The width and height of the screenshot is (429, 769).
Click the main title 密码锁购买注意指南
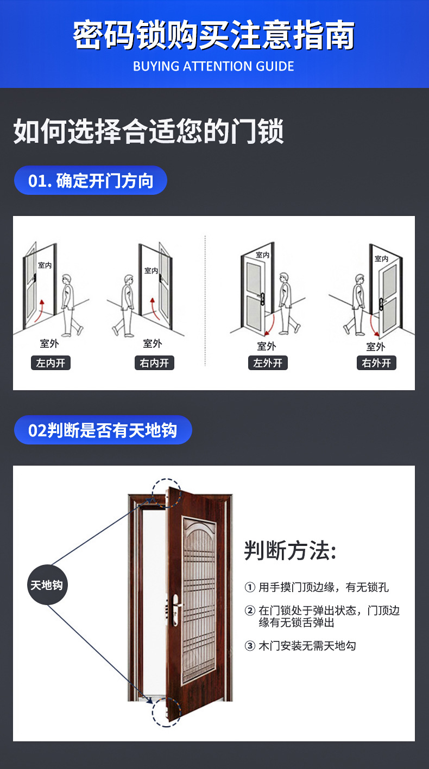[x=214, y=36]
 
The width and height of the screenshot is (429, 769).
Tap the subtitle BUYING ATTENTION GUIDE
[x=214, y=67]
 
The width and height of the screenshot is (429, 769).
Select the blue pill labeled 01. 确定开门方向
[x=90, y=181]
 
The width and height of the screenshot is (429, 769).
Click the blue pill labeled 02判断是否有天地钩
[x=103, y=430]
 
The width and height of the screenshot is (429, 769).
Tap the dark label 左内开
[x=51, y=363]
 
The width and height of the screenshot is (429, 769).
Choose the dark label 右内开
[x=154, y=363]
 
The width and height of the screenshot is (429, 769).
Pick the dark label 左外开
[x=267, y=363]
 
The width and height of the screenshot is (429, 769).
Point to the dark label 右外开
[x=376, y=363]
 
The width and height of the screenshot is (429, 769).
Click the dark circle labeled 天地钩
[x=48, y=585]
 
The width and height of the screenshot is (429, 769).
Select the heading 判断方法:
[x=291, y=551]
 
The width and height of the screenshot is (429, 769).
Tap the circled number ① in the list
[x=250, y=587]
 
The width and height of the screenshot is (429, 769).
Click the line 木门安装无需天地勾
[x=307, y=646]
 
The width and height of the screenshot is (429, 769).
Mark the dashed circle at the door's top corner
[x=166, y=493]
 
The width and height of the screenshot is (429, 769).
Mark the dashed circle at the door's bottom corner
[x=166, y=711]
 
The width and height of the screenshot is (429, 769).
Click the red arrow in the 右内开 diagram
[x=155, y=309]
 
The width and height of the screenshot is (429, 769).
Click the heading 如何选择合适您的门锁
[x=148, y=132]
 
